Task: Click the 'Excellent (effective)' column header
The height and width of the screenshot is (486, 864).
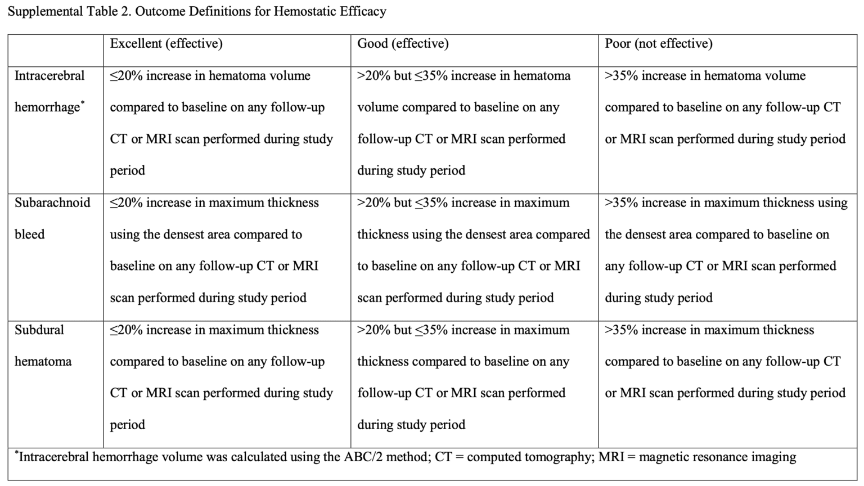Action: tap(166, 44)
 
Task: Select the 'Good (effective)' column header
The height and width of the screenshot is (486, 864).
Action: tap(403, 44)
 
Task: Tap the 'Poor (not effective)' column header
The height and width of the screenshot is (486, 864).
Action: tap(658, 44)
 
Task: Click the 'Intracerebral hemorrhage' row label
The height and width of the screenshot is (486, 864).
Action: tap(49, 91)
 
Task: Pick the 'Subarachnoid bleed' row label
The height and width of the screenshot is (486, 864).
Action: tap(52, 218)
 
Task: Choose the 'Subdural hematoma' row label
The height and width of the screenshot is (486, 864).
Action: tap(43, 345)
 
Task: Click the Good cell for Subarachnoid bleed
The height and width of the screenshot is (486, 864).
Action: tap(473, 250)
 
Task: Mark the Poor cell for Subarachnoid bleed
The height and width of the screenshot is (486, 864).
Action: tap(726, 250)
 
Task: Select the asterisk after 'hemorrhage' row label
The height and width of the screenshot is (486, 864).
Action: tap(83, 103)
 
